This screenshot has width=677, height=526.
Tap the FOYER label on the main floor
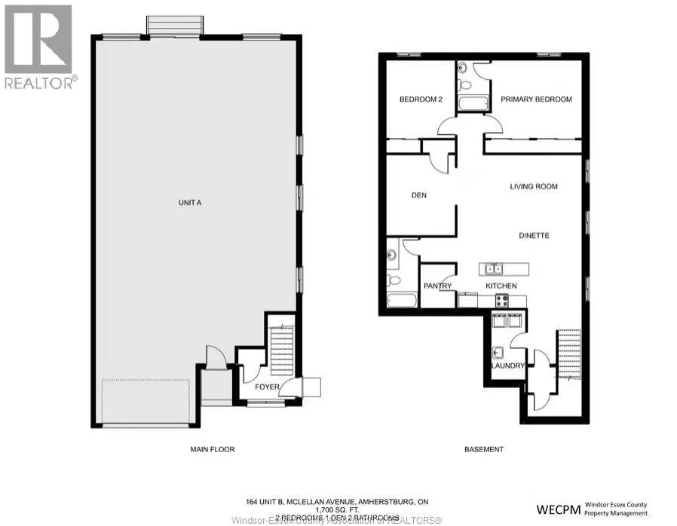click(x=267, y=387)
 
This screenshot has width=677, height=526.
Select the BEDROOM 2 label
click(x=420, y=99)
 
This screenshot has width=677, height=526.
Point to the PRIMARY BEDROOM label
click(x=536, y=99)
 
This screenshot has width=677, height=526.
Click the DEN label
click(x=419, y=196)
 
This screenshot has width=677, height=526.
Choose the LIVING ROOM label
click(x=534, y=187)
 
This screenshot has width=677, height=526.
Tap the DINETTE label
click(x=534, y=236)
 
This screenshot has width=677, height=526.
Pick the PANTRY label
click(x=437, y=286)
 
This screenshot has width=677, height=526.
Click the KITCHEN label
click(x=501, y=286)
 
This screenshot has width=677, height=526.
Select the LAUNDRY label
click(x=507, y=366)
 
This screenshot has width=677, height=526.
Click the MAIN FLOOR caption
click(x=212, y=450)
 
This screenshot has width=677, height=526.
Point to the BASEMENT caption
click(x=483, y=450)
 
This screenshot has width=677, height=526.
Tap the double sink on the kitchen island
click(x=495, y=269)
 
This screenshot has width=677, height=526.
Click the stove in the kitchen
click(x=501, y=301)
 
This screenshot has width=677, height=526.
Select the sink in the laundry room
click(x=498, y=352)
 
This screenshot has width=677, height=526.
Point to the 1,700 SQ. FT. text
click(x=338, y=510)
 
